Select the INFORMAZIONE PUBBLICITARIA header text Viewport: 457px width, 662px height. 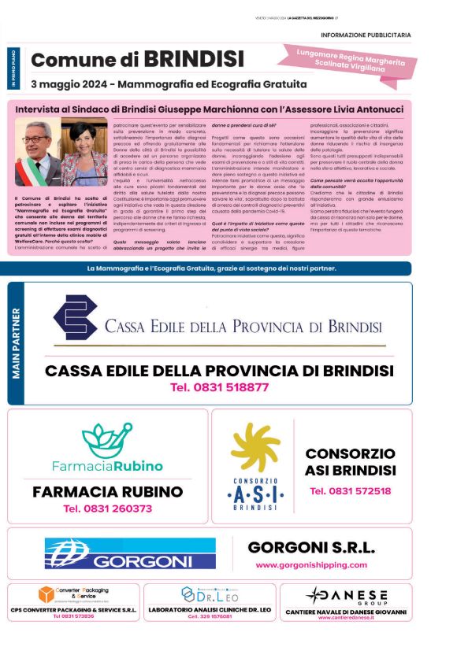366,35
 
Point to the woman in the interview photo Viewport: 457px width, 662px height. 84,153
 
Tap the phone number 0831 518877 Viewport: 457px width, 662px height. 219,387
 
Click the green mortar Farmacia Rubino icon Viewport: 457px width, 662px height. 106,440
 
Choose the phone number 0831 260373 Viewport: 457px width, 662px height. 107,509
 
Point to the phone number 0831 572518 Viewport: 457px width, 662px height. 350,491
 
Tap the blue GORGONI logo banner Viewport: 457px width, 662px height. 130,553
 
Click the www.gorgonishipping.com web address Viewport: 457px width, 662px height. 311,565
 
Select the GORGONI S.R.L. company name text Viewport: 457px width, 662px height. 311,548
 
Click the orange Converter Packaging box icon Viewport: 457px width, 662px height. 46,594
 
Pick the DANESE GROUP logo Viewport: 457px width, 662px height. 347,595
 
